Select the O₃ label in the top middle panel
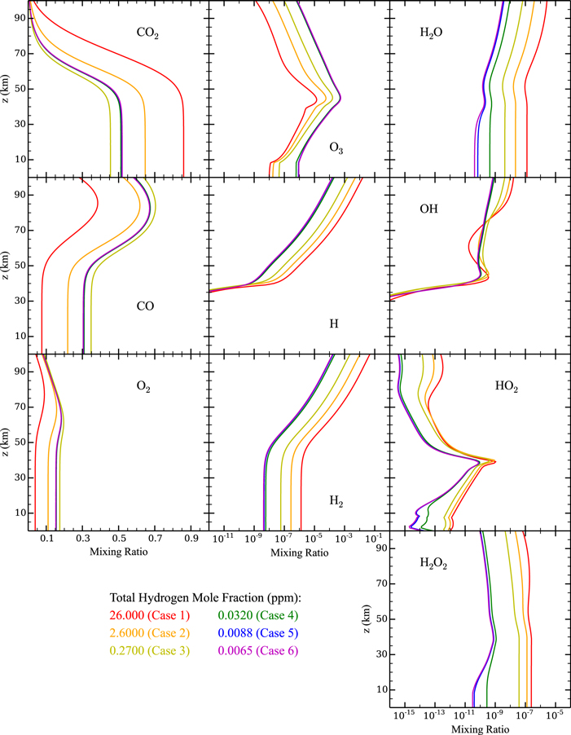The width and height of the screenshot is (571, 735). pyautogui.click(x=336, y=147)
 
